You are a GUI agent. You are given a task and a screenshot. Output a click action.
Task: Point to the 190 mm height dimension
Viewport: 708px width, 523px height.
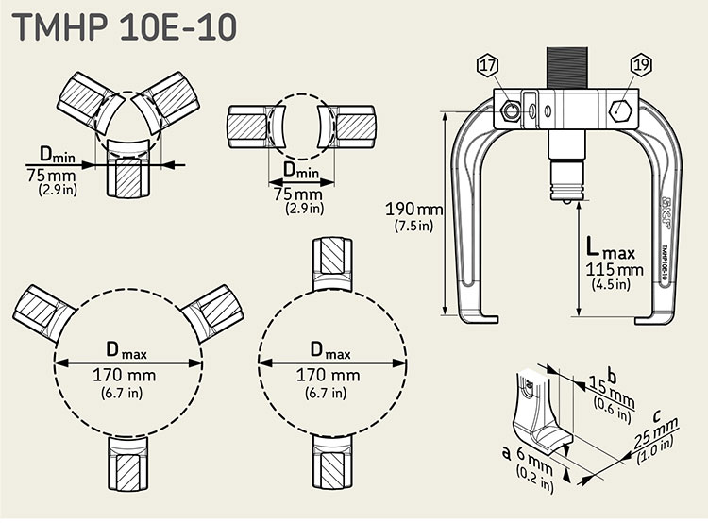[x=413, y=208]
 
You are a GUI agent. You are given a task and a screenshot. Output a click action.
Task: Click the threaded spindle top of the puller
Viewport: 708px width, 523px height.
[x=565, y=66]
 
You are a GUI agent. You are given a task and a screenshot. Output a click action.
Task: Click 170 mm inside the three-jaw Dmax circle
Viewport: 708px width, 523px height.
[x=128, y=375]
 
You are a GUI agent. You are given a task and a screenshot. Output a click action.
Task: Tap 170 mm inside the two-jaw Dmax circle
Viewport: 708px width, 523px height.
[x=331, y=375]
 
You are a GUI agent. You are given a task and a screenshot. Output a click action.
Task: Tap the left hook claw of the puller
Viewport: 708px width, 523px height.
[x=481, y=312]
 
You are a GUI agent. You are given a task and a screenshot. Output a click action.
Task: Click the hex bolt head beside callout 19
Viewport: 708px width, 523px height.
[x=619, y=110]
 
